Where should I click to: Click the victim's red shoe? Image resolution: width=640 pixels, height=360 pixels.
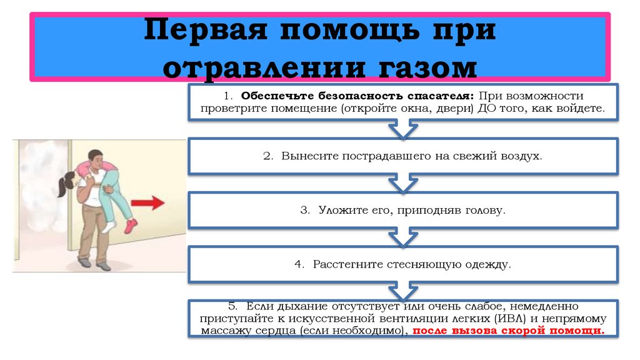(x=131, y=226)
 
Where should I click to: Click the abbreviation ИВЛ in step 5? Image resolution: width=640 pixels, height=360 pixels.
(x=514, y=318)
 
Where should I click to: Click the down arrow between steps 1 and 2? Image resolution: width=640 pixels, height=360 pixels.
(x=403, y=129)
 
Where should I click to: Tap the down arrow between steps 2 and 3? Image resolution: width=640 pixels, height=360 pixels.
(x=403, y=183)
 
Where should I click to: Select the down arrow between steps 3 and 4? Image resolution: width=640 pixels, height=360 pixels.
(x=403, y=237)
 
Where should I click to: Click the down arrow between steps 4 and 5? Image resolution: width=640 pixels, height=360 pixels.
(x=403, y=291)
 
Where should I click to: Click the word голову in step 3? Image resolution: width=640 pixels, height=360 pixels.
(x=483, y=211)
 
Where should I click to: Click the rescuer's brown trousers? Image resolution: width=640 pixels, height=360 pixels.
(x=94, y=234)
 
